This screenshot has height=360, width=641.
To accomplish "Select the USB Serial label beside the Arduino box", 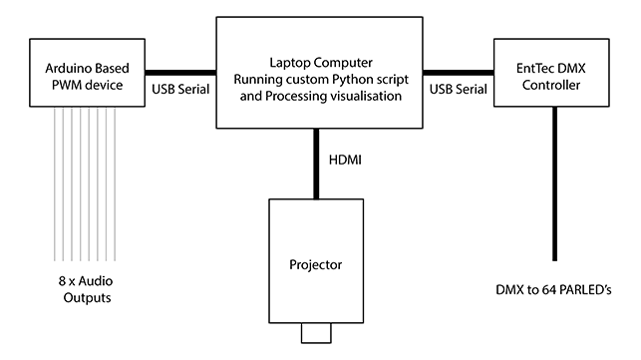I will (x=180, y=90).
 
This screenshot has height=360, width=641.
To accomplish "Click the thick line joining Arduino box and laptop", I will (x=180, y=72).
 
